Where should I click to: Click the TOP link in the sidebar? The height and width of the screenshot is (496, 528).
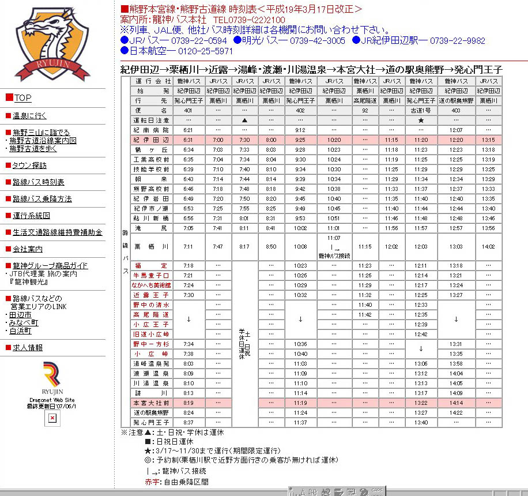pyautogui.click(x=22, y=97)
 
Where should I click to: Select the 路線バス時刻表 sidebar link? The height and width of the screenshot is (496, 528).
pyautogui.click(x=38, y=182)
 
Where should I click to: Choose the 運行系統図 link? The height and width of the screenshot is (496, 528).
pyautogui.click(x=31, y=215)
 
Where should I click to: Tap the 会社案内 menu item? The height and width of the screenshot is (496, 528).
pyautogui.click(x=28, y=249)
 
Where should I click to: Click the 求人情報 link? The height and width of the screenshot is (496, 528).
pyautogui.click(x=28, y=347)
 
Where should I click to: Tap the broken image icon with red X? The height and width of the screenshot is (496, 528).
pyautogui.click(x=52, y=418)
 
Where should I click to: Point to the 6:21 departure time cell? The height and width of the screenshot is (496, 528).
pyautogui.click(x=188, y=130)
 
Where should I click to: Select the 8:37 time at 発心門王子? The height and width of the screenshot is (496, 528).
pyautogui.click(x=188, y=422)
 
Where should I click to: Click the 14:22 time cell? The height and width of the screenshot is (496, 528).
pyautogui.click(x=456, y=412)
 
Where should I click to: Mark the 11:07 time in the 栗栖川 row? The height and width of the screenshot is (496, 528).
pyautogui.click(x=334, y=238)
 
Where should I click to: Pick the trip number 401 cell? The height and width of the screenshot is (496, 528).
pyautogui.click(x=188, y=110)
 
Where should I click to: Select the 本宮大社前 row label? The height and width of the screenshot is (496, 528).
pyautogui.click(x=151, y=403)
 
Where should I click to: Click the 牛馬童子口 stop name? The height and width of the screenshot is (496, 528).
pyautogui.click(x=151, y=275)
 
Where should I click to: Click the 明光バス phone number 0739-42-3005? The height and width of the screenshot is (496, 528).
pyautogui.click(x=318, y=40)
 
